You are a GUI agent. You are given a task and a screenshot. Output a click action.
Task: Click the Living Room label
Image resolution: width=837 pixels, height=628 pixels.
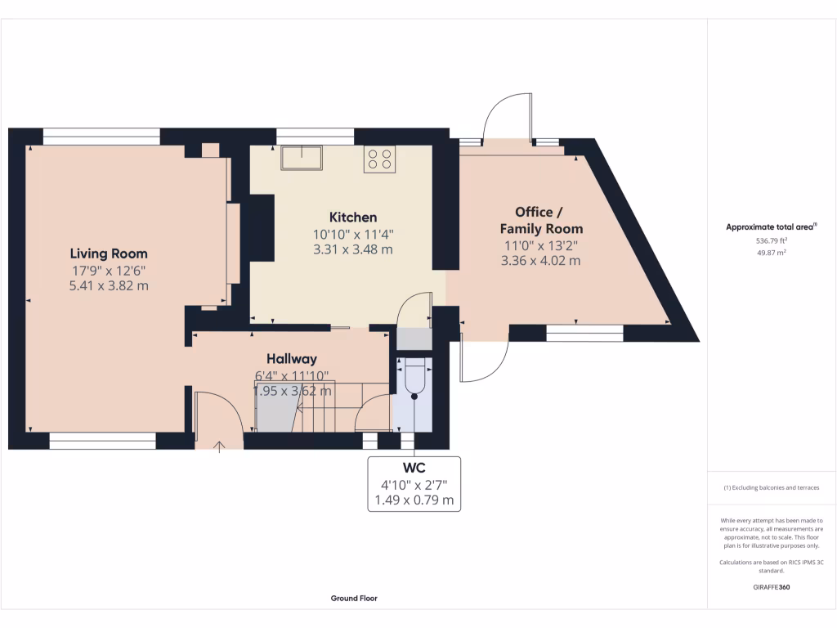[x=109, y=253]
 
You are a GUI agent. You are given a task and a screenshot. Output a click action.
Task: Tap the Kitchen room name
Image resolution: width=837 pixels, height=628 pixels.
[x=353, y=218]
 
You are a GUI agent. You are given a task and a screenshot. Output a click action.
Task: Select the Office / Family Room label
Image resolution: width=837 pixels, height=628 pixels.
[x=541, y=221]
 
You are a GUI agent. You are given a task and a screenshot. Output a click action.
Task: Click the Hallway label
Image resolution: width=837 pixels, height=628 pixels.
[x=292, y=359]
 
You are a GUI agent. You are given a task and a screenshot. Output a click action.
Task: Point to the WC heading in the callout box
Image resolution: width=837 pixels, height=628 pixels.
[x=414, y=469]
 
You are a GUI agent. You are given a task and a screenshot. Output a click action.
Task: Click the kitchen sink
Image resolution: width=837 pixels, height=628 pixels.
[x=302, y=156]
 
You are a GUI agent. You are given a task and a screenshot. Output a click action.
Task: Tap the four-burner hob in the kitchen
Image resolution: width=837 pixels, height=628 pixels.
[x=380, y=158]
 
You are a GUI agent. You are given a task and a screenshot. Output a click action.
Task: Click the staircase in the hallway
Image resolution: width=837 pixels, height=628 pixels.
[x=307, y=406]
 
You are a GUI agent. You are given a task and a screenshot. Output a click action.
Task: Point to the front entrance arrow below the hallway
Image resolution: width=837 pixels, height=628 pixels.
[x=219, y=446]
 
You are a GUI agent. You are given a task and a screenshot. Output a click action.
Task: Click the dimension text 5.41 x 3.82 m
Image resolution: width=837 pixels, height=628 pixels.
[x=109, y=285]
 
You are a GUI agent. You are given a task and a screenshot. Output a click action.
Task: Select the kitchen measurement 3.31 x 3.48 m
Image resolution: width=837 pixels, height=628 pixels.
[x=353, y=249]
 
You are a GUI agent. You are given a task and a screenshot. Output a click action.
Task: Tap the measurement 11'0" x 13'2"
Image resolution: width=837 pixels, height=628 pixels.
[x=541, y=245]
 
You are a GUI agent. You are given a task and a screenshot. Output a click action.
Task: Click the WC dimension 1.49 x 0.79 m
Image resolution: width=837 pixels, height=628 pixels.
[x=414, y=500]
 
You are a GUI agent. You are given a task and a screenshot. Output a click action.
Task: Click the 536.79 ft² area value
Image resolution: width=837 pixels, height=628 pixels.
[x=772, y=241]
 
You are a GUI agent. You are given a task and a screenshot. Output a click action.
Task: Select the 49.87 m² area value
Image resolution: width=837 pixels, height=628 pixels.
[x=772, y=253]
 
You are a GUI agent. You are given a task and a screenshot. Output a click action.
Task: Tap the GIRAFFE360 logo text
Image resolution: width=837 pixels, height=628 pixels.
[x=772, y=587]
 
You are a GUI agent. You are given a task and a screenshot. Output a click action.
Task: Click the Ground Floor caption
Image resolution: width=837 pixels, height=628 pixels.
[x=354, y=599]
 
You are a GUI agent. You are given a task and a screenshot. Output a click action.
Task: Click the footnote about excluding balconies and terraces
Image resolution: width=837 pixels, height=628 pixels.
[x=771, y=487]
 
